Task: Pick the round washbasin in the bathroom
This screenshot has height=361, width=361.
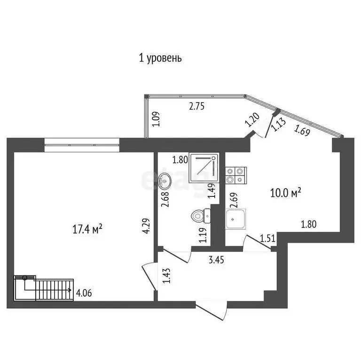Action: coord(165,180)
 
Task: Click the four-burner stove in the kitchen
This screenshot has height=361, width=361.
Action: coord(235,175)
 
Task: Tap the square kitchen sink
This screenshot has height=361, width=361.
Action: coord(236,220)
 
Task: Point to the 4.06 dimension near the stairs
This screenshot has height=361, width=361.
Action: coord(84,294)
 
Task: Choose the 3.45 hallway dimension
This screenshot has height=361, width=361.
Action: coord(218,258)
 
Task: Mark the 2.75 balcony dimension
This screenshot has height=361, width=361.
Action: coord(197,106)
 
